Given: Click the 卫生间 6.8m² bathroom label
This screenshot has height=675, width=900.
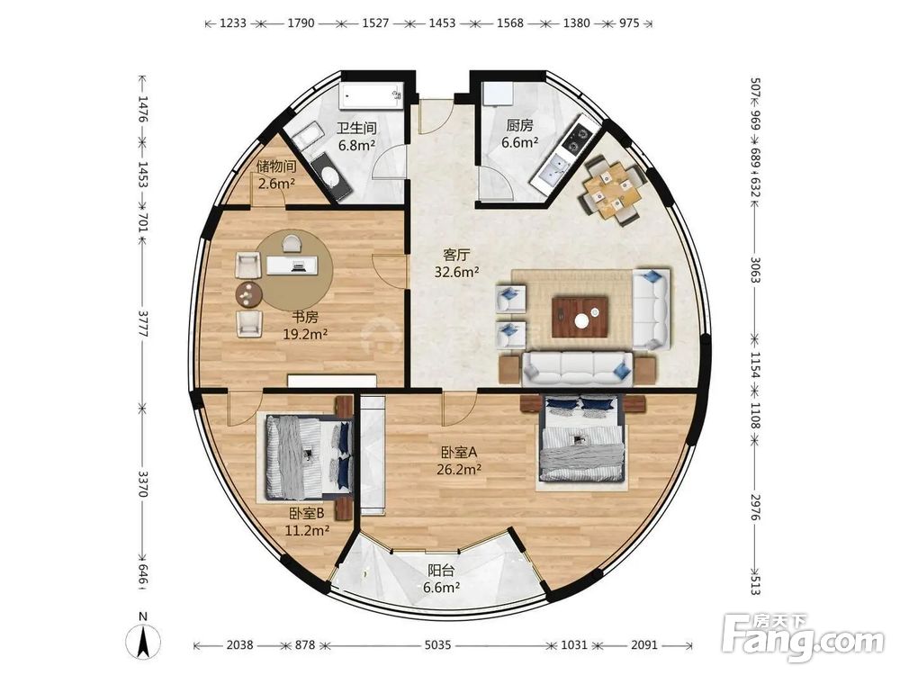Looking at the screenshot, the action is pos(356,136).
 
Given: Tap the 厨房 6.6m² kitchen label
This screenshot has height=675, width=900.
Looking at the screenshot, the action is pos(520,134).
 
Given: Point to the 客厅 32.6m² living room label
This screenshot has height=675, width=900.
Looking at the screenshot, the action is pos(456,263).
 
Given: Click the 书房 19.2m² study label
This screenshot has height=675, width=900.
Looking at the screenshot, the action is pos(305,325).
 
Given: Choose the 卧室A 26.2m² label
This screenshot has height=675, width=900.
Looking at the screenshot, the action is pos(459,461).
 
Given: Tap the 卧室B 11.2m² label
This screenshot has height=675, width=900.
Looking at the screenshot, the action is pos(307,522).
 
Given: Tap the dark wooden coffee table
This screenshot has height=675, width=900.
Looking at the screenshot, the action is pos(580,317).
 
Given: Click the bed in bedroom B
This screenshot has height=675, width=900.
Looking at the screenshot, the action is pos(308,457).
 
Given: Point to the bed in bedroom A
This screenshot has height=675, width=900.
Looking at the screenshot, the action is pos(582,438).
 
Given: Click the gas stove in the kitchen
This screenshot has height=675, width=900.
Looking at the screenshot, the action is pos(577,139).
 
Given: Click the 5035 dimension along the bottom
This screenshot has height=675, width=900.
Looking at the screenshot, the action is pos(437,645).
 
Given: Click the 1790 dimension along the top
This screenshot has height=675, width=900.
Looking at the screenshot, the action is pos(301,23).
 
